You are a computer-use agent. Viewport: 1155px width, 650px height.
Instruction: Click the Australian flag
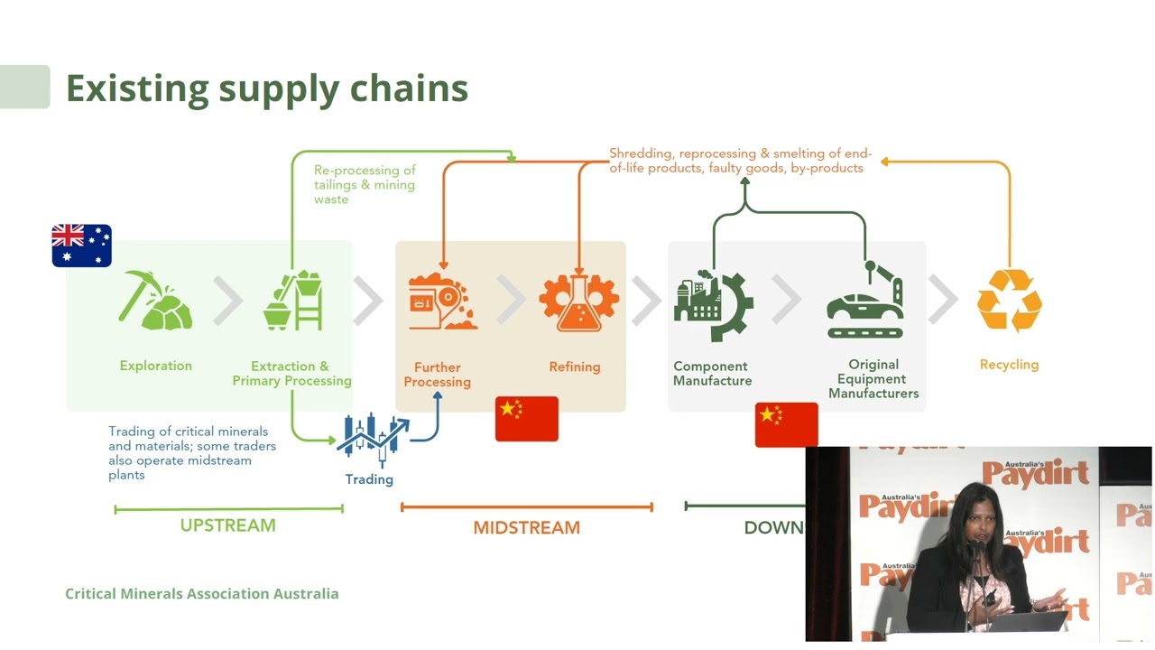(x=81, y=246)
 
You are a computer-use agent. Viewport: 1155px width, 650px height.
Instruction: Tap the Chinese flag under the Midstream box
(x=527, y=419)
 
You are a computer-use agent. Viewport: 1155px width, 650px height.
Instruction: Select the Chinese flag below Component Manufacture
(x=786, y=424)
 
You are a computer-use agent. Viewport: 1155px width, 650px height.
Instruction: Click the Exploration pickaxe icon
(x=154, y=301)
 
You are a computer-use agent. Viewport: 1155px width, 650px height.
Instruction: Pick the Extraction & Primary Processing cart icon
(x=293, y=301)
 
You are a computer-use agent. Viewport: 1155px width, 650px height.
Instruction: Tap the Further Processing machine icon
(x=441, y=302)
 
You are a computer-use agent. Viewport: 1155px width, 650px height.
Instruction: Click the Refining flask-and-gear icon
(x=578, y=302)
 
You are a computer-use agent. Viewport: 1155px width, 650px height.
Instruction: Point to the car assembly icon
(x=865, y=302)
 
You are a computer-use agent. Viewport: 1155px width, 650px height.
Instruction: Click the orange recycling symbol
(x=1010, y=301)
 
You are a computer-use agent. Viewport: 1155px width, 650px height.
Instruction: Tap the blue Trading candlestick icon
(x=372, y=438)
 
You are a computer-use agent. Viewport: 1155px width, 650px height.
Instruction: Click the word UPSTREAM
(x=227, y=525)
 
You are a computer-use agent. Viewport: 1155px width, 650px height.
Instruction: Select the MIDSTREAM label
(x=526, y=527)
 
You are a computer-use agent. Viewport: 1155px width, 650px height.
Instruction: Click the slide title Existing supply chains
(x=267, y=88)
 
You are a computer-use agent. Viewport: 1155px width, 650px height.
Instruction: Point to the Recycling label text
(x=1009, y=365)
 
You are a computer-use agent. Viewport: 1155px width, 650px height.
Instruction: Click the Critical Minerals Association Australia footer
(x=202, y=593)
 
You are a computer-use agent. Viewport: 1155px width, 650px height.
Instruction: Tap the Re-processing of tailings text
(x=365, y=184)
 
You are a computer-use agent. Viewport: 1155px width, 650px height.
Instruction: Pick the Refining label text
(x=575, y=367)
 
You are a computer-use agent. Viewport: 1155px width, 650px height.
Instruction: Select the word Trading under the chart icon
(x=369, y=479)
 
